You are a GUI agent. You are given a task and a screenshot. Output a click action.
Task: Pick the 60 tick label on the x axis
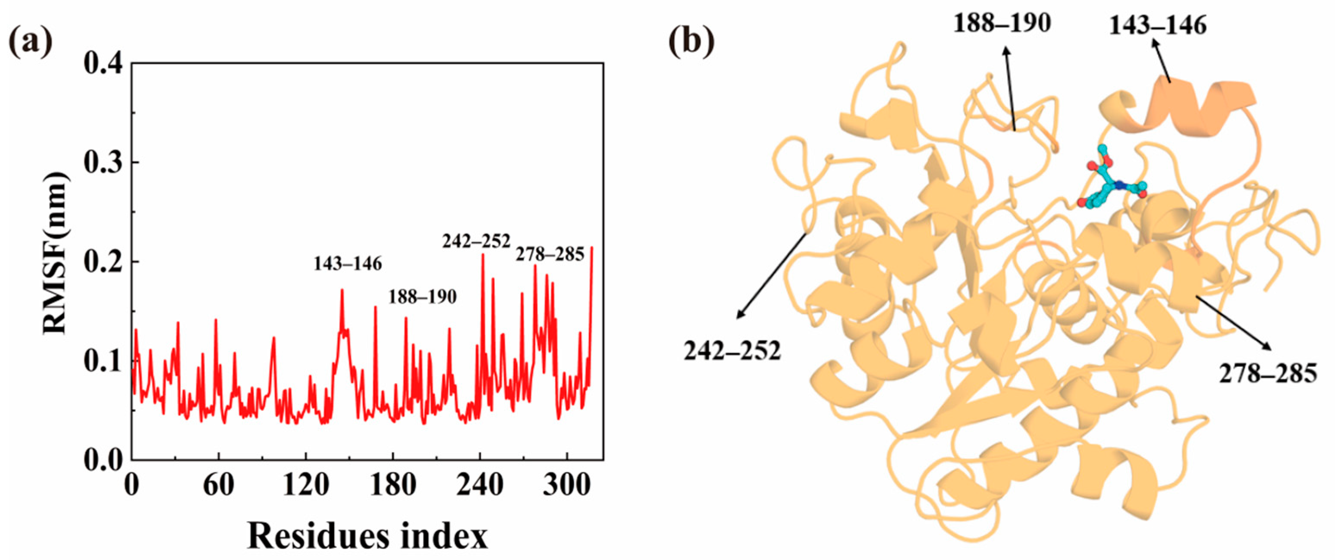click(x=219, y=486)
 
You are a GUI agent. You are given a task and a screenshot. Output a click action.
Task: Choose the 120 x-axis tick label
click(x=306, y=486)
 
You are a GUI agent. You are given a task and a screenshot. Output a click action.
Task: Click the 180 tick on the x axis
click(x=393, y=486)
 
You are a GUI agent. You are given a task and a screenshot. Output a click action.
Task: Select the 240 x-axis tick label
click(x=480, y=486)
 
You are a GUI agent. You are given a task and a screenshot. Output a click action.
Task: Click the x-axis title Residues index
click(x=368, y=536)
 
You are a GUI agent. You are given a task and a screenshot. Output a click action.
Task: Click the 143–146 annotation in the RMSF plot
click(x=348, y=264)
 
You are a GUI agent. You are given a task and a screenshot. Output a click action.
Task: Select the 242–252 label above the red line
click(x=476, y=241)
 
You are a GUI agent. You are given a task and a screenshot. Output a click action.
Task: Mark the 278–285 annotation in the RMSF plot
click(x=550, y=254)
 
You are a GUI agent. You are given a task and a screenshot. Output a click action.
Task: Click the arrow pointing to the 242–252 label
click(x=772, y=275)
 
